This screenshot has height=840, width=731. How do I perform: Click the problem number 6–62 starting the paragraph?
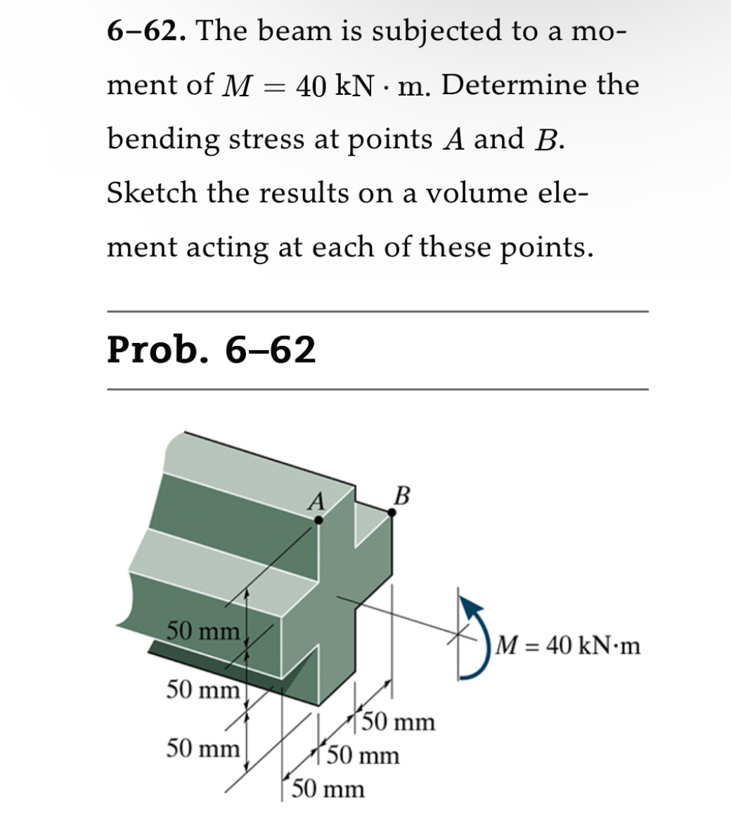tap(145, 31)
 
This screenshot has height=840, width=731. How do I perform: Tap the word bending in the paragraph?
tap(162, 140)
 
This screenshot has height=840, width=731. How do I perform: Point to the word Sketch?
tap(152, 193)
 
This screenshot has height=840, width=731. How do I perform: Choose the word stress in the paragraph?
tap(266, 139)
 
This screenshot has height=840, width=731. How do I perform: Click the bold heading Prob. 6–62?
tap(211, 349)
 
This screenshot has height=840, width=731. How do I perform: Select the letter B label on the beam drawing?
tap(401, 495)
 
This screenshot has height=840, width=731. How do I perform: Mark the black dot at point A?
tap(318, 520)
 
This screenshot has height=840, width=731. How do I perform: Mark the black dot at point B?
tap(392, 512)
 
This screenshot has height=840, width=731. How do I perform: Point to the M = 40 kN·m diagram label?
tap(567, 645)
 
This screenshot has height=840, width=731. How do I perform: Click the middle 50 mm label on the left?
tap(202, 690)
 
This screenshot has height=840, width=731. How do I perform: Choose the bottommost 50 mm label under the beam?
tap(328, 789)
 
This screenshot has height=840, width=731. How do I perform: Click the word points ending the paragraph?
tap(545, 247)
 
